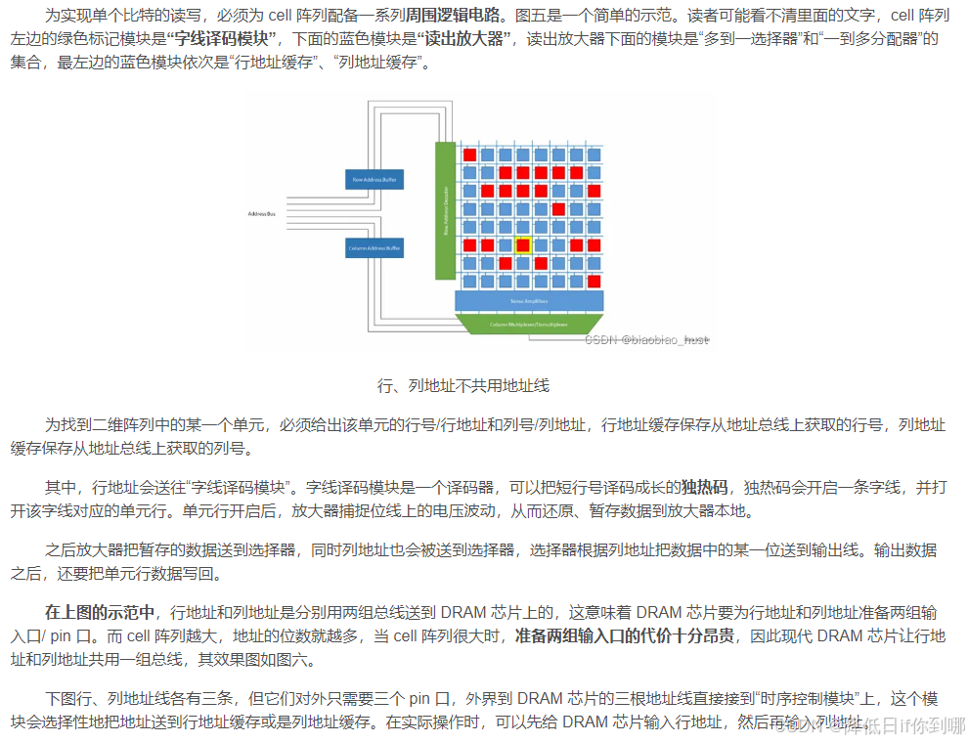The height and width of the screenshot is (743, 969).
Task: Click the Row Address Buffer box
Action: pyautogui.click(x=374, y=180)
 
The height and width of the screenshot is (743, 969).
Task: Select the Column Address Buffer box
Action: pyautogui.click(x=374, y=248)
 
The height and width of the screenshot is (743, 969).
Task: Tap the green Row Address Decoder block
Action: pyautogui.click(x=445, y=211)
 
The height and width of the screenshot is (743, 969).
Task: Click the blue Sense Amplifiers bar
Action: pyautogui.click(x=528, y=301)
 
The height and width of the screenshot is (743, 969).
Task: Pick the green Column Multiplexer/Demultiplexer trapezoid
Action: pyautogui.click(x=528, y=323)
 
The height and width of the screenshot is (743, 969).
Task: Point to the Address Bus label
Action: pyautogui.click(x=261, y=213)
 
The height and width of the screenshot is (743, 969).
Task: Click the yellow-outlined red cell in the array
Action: pyautogui.click(x=523, y=245)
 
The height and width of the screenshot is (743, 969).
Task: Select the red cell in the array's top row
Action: pyautogui.click(x=469, y=154)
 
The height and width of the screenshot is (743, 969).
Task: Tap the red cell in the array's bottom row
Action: pyautogui.click(x=594, y=282)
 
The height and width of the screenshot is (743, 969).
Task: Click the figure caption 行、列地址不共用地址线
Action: pyautogui.click(x=462, y=385)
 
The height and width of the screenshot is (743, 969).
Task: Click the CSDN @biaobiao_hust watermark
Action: pyautogui.click(x=646, y=339)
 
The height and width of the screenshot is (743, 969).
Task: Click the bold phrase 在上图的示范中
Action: pyautogui.click(x=100, y=613)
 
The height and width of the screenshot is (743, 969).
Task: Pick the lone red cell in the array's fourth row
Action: pyautogui.click(x=558, y=209)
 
